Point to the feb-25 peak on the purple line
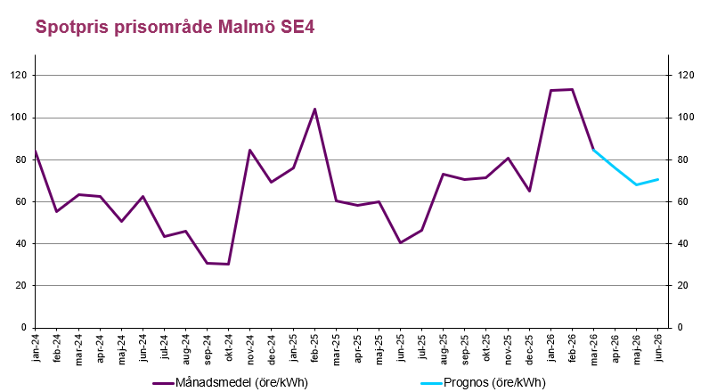click(314, 109)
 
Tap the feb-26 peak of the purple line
click(572, 89)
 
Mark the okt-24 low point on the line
click(228, 264)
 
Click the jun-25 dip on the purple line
click(400, 242)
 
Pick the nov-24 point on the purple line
click(249, 150)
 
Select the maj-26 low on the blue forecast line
click(636, 184)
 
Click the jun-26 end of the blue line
click(657, 179)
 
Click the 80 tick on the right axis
click(682, 159)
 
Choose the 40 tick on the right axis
click(682, 243)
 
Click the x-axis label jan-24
click(37, 346)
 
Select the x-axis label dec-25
click(529, 346)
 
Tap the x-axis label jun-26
click(658, 346)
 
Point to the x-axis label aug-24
click(186, 346)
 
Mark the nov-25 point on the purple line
click(508, 159)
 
